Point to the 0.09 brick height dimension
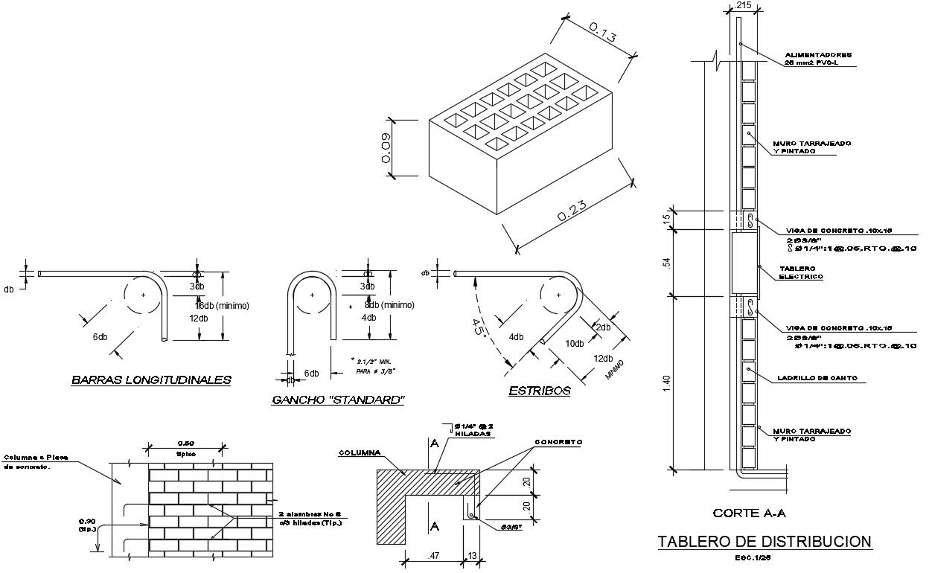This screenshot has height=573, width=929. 386,149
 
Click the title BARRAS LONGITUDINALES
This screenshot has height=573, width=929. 151,380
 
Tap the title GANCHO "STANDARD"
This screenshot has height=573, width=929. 339,400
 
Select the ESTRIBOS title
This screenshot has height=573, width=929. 540,391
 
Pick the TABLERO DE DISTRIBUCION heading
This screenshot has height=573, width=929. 764,542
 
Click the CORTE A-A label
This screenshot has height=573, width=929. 749,513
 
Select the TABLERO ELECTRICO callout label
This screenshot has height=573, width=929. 800,272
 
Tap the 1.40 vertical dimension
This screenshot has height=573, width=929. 667,383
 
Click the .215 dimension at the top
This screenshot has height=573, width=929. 742,6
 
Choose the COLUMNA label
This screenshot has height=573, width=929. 360,452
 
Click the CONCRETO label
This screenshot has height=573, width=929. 558,442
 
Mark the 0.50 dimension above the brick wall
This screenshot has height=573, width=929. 185,444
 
